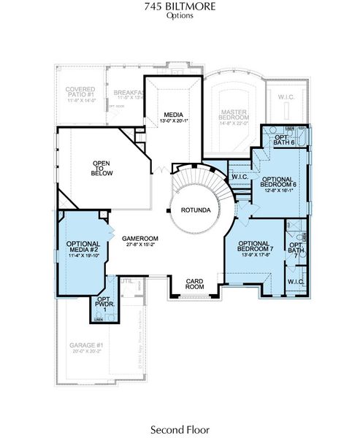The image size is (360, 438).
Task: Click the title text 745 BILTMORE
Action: coord(179,7)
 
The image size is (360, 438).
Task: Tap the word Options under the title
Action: coord(179,15)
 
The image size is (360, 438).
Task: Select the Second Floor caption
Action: coord(180,429)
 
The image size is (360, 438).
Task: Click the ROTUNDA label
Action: coord(197,211)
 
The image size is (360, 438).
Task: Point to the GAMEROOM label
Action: coord(139,239)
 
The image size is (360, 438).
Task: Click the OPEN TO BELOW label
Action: coord(102,169)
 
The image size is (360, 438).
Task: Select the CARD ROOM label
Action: coord(194,283)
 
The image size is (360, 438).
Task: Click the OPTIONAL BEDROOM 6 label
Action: coord(277,184)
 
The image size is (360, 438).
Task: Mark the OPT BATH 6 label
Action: coord(283,139)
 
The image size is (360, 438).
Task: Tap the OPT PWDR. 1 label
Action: coord(103,305)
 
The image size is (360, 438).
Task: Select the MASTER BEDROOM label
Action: coord(234,115)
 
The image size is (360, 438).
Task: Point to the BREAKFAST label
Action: coord(128,93)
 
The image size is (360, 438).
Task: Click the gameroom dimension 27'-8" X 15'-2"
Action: coord(139,246)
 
